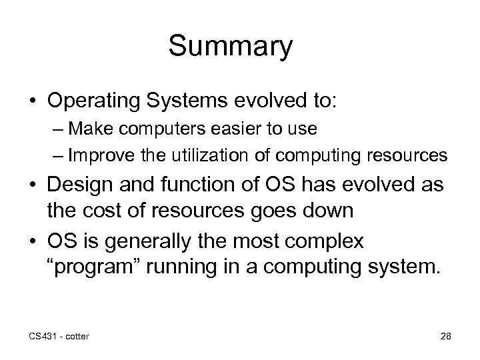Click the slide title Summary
tap(230, 47)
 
